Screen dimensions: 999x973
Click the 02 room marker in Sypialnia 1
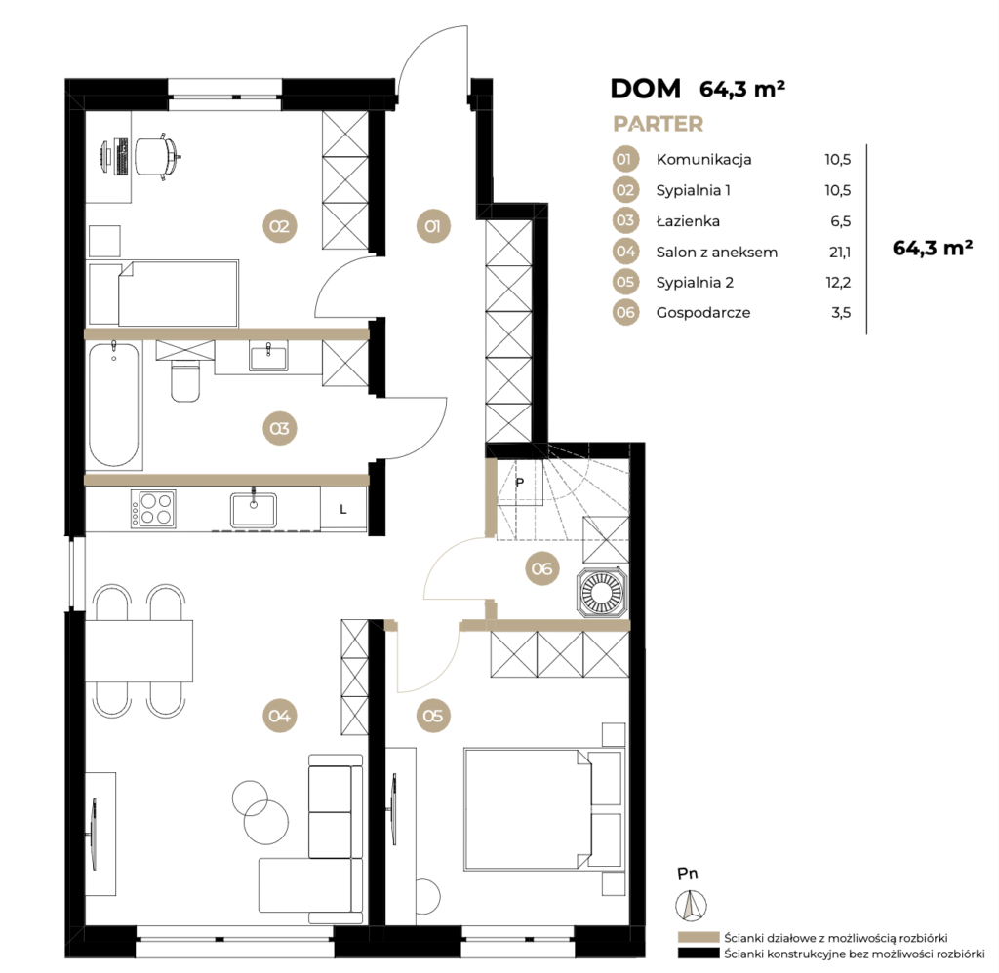(279, 226)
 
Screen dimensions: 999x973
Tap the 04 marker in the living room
(279, 716)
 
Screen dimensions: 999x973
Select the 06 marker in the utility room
(542, 568)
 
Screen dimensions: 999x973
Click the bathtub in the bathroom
(114, 405)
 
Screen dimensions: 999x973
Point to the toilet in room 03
(185, 380)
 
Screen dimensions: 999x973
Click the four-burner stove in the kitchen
(153, 509)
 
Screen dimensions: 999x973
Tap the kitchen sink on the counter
(254, 510)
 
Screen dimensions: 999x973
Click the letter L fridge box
(343, 509)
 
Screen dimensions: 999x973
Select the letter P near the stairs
(520, 483)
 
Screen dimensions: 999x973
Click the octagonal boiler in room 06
(602, 592)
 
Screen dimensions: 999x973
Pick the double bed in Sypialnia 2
(542, 808)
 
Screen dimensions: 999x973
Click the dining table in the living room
(139, 651)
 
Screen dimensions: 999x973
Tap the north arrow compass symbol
(692, 904)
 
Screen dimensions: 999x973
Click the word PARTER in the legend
(659, 124)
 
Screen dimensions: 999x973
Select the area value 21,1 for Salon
(840, 253)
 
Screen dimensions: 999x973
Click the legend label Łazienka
(688, 221)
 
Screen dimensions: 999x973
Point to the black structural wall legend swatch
(698, 954)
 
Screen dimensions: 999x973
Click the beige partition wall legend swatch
(698, 937)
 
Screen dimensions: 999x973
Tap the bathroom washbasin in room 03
(268, 356)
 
